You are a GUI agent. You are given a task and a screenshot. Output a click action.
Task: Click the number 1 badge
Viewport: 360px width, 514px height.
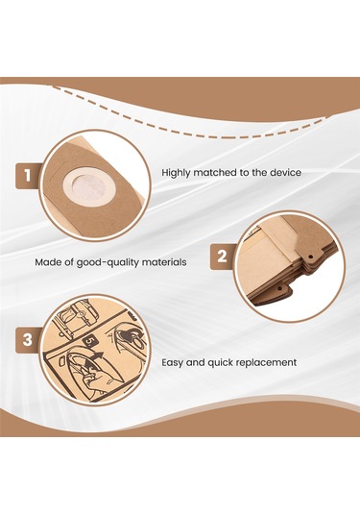coord(28,176)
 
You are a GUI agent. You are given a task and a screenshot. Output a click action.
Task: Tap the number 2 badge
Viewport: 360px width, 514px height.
coord(223,257)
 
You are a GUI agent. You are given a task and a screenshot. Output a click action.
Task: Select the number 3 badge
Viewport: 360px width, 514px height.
coord(28,340)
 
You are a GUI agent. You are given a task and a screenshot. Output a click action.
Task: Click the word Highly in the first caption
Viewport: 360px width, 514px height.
coord(176,172)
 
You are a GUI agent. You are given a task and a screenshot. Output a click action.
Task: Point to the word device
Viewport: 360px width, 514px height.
coord(285,172)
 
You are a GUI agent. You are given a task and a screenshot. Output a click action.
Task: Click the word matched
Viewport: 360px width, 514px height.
coord(214,172)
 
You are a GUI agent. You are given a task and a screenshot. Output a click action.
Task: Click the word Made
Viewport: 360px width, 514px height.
coord(47,262)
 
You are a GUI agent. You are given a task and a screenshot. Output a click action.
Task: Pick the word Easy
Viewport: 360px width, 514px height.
coord(173,362)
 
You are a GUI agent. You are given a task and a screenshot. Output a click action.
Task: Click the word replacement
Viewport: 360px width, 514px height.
coord(266,363)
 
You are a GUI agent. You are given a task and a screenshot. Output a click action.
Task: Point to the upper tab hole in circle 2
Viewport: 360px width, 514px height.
coord(310,255)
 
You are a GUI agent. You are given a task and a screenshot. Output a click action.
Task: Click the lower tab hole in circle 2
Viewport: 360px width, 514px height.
coord(280,289)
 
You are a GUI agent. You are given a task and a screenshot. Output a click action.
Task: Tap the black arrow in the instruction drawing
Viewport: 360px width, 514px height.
coord(97,358)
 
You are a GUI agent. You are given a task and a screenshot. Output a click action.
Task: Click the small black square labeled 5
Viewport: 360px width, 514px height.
coord(88,342)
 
